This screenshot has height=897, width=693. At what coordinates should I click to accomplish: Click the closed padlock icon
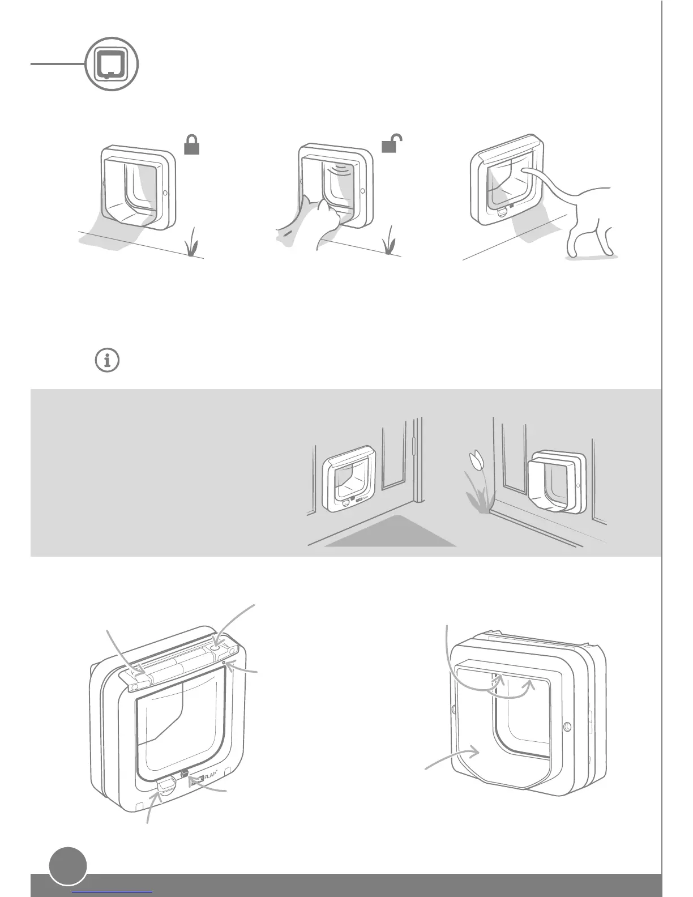pos(192,146)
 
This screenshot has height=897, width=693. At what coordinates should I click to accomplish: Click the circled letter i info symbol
pos(108,360)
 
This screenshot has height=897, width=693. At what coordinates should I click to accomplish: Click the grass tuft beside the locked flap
pos(192,242)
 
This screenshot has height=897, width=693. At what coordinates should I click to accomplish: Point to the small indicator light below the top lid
pos(225,662)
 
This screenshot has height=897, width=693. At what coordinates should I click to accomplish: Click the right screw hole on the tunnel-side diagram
pos(567,726)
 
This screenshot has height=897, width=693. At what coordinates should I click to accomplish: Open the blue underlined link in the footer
pos(113,893)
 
